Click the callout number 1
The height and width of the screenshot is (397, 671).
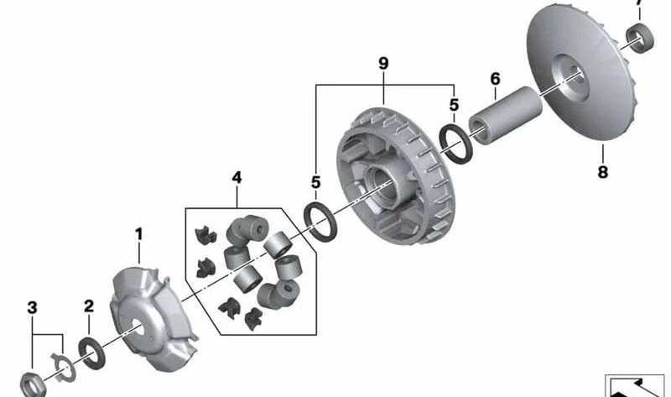pos(138,234)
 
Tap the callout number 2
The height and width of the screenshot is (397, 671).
pos(89,306)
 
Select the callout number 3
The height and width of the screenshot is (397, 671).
pos(32,307)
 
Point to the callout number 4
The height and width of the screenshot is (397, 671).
pos(237,177)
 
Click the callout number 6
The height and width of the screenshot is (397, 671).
pos(495,79)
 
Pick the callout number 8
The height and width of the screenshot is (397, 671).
pos(602,172)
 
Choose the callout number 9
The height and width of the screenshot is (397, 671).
pos(383,64)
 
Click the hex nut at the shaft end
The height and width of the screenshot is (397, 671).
pos(33,385)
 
